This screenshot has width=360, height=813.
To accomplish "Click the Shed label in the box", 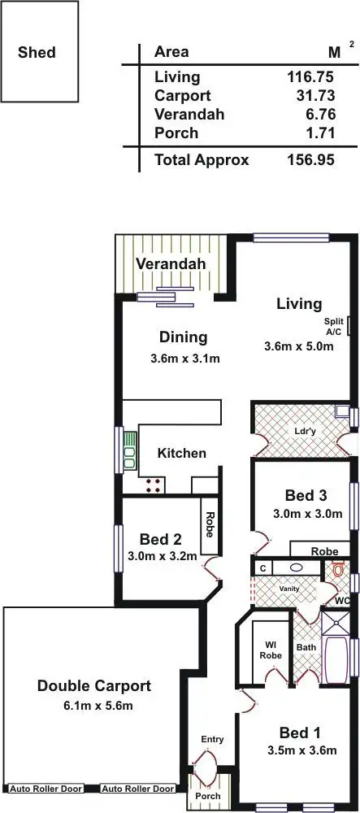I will point(37,53).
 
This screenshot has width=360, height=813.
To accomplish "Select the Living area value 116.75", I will point(311,77).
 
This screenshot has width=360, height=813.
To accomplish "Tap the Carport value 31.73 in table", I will point(315,96).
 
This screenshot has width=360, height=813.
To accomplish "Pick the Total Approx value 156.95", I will point(311,159).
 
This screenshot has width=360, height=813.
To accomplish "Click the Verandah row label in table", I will point(189,114).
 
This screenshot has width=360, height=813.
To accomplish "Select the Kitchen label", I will point(181,453).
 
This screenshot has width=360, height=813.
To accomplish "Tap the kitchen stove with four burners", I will point(153,486).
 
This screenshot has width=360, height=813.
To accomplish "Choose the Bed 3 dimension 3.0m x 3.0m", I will point(301,514).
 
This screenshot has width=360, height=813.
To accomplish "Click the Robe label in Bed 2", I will point(210,520).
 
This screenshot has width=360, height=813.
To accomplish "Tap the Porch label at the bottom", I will point(207,796).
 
